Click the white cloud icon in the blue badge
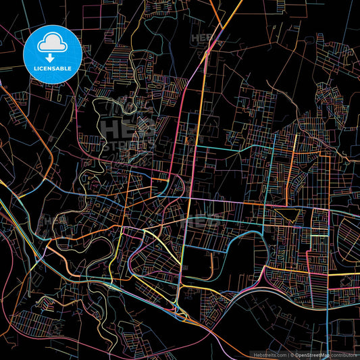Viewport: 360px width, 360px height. [x=52, y=45]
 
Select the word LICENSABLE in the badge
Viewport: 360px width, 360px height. [x=52, y=69]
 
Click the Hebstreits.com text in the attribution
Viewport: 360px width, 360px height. [x=268, y=354]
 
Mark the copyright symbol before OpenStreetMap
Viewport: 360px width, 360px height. [x=291, y=354]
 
